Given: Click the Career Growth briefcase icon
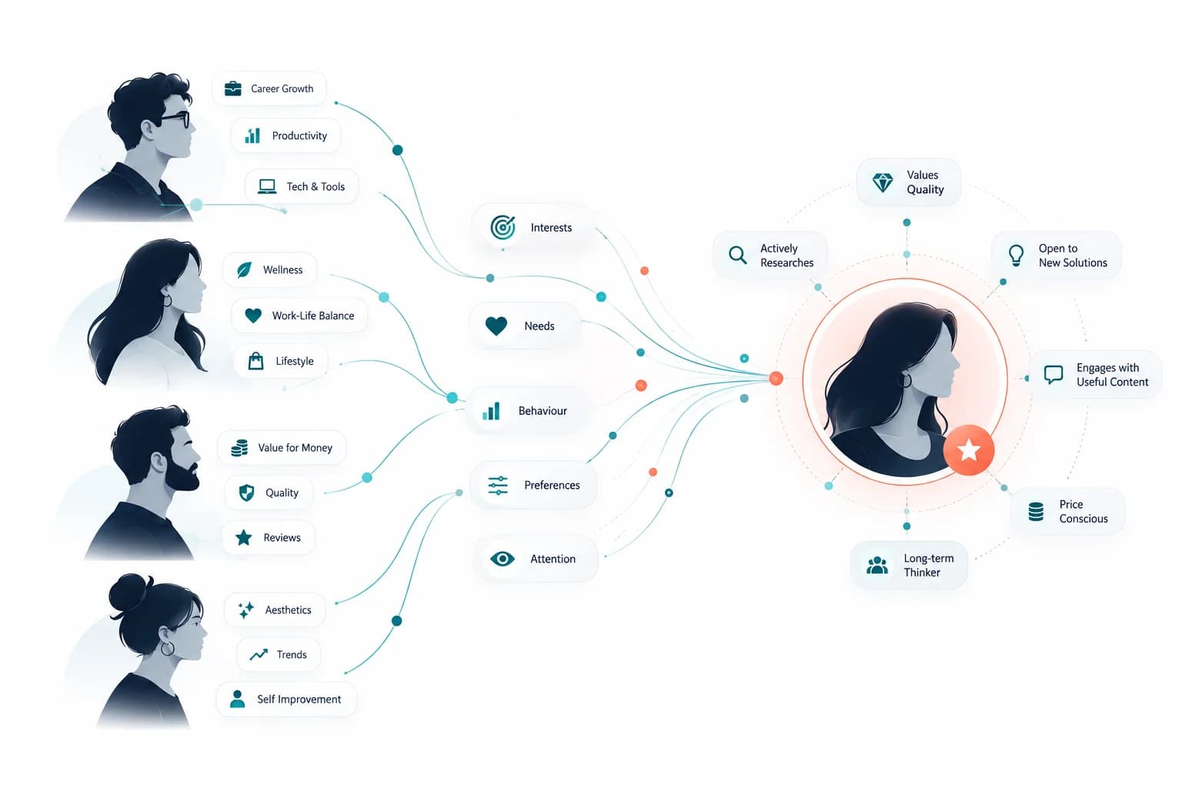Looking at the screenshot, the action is coord(232,88).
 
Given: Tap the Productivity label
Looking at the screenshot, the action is coord(299,135).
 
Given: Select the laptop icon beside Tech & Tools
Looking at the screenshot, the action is coord(267,186).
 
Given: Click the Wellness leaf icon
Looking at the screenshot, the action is coord(244,269).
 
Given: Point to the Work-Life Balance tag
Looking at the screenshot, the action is coord(299,316).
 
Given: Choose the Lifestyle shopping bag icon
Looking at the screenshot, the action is coord(256,361).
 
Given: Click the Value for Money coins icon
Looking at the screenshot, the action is coord(239,448).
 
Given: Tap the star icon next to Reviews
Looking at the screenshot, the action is coord(244,537).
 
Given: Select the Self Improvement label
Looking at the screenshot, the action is coord(299,699).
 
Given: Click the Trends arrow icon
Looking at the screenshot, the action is coord(259,654).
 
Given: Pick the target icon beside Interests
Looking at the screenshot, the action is coord(503,228).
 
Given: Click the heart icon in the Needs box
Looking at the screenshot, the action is coord(496,326).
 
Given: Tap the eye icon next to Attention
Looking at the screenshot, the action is coord(503,559).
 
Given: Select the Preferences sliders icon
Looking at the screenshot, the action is coord(498,485).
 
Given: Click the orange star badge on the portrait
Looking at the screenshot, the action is coord(969,450).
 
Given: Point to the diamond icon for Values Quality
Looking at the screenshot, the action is coord(883,182).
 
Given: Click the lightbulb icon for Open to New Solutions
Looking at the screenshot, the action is coord(1016,255).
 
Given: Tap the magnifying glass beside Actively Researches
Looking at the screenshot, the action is coord(738,255).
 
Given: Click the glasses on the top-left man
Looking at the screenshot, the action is coord(175,119).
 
